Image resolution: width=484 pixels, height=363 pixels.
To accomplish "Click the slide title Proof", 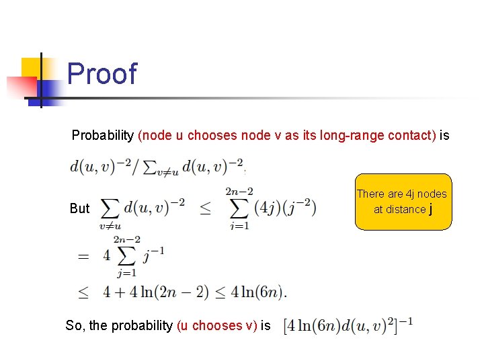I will [102, 74].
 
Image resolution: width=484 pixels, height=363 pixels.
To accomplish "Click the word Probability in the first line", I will [102, 135].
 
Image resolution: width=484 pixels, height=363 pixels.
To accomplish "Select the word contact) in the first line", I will [412, 135].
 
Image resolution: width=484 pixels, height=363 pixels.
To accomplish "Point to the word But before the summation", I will [79, 208].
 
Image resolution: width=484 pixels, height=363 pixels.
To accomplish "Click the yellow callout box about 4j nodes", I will [403, 202].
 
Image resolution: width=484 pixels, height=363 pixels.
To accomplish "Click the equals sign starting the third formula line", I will [83, 256].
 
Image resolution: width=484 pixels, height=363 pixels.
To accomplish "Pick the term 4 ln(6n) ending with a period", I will [258, 292].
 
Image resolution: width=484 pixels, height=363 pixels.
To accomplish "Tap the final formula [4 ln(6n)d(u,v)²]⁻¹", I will [348, 326].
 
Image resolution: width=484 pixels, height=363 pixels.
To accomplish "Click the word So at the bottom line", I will [75, 326].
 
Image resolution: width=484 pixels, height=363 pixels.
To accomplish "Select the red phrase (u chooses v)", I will [216, 326].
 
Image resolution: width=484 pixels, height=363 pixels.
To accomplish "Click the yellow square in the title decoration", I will [31, 67].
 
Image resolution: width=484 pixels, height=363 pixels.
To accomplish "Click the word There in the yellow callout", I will [370, 194].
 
